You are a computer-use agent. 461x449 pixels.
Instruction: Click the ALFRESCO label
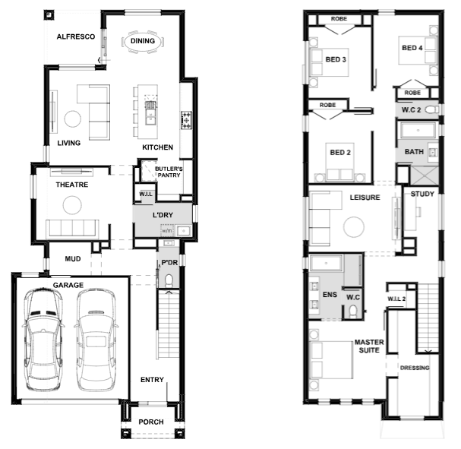[76, 36]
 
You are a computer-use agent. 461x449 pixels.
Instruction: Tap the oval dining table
[143, 42]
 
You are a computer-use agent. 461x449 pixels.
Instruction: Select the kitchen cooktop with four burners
[186, 120]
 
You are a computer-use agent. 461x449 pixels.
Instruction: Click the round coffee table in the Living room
[73, 119]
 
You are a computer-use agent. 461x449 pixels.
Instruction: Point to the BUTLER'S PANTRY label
[169, 172]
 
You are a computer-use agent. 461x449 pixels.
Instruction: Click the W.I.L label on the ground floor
[146, 194]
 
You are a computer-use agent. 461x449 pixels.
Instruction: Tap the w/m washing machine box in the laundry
[167, 230]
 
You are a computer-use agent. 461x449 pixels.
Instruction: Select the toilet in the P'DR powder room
[169, 281]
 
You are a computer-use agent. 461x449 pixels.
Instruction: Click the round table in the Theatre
[72, 205]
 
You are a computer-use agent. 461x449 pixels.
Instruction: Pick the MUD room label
[73, 259]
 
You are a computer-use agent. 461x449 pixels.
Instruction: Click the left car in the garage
[43, 340]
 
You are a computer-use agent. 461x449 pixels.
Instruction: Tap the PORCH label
[151, 422]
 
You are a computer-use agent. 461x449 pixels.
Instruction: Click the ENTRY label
[152, 380]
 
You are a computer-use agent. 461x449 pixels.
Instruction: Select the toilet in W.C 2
[432, 109]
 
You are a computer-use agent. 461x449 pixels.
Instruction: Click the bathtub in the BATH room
[418, 130]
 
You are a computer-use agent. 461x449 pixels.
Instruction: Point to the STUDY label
[422, 194]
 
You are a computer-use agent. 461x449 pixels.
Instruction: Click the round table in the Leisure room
[354, 227]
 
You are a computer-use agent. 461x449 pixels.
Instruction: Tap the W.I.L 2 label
[396, 299]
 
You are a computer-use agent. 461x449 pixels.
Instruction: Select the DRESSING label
[415, 368]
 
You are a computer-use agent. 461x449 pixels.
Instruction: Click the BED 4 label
[412, 48]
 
